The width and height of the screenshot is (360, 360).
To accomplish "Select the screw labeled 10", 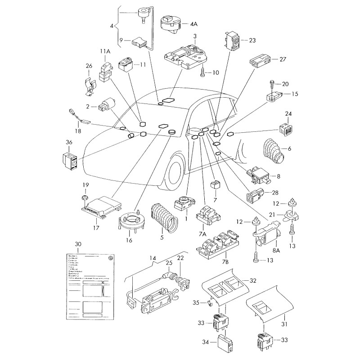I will [203, 72].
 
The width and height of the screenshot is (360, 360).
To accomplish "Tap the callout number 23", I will [252, 40].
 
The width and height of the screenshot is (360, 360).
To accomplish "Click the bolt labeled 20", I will [274, 83].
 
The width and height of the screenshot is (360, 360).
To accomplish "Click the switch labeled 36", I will [70, 159].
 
